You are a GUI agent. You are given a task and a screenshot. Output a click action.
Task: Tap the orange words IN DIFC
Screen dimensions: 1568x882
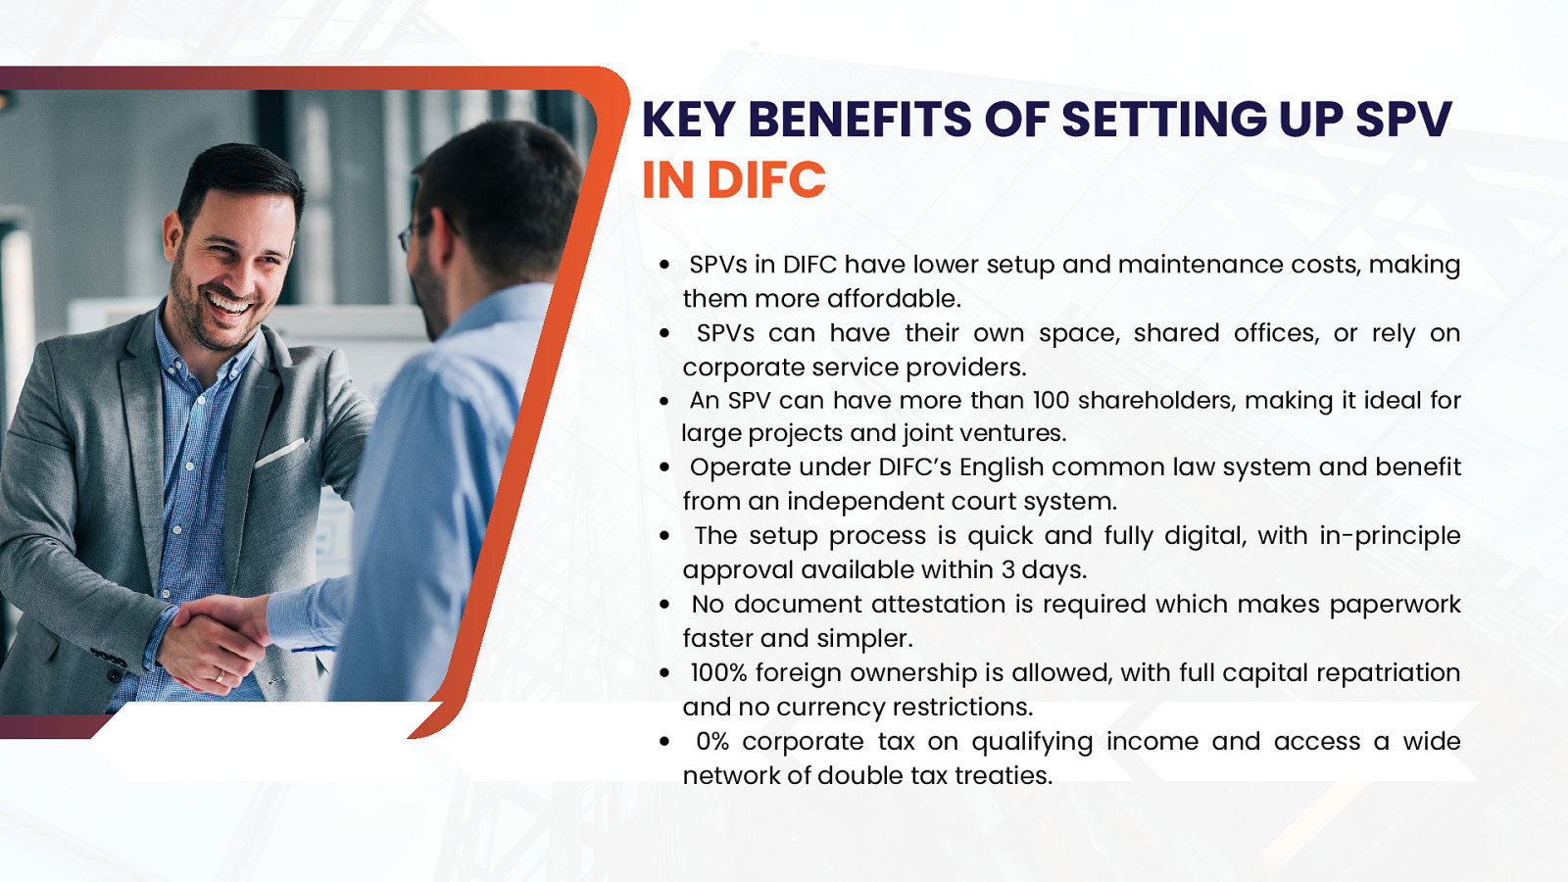pyautogui.click(x=734, y=180)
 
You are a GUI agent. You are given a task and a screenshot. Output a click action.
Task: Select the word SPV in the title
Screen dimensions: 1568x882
pyautogui.click(x=1403, y=119)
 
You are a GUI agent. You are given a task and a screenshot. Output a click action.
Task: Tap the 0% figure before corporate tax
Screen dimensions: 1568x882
pyautogui.click(x=712, y=741)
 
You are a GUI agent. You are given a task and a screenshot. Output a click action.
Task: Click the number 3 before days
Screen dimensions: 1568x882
pyautogui.click(x=1008, y=569)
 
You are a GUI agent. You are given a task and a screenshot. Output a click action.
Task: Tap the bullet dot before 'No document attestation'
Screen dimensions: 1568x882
pyautogui.click(x=664, y=605)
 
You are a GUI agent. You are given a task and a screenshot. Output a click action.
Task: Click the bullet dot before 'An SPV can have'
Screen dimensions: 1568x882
pyautogui.click(x=664, y=401)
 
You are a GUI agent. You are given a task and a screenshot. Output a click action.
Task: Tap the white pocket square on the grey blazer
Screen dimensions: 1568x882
pyautogui.click(x=280, y=453)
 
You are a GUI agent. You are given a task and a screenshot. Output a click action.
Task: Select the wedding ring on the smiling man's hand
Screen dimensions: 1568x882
pyautogui.click(x=220, y=676)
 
